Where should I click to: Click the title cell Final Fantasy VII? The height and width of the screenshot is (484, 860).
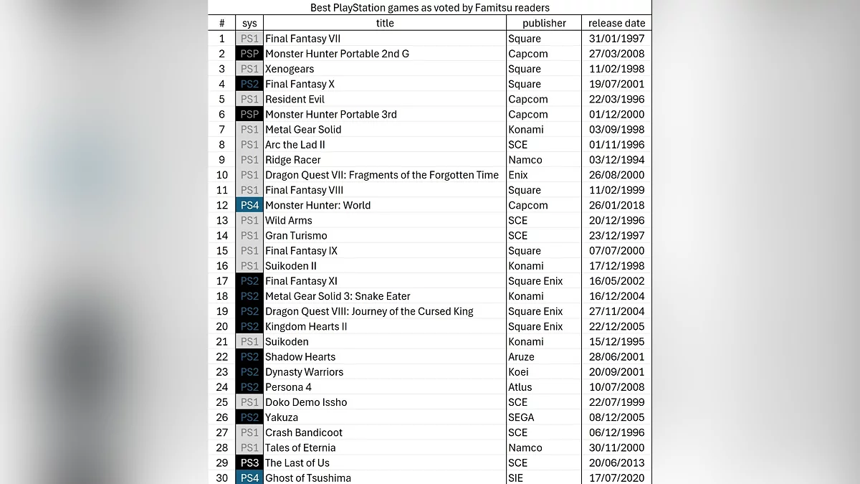[304, 39]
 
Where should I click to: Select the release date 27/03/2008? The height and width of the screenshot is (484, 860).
[616, 54]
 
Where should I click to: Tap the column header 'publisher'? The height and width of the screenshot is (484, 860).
[544, 23]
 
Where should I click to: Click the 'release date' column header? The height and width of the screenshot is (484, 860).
[616, 23]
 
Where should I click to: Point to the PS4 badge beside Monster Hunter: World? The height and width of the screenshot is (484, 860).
[249, 206]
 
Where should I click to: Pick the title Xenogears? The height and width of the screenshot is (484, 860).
[290, 69]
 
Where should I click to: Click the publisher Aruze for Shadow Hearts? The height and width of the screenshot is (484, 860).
[521, 357]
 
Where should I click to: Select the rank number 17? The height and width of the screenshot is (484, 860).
[222, 281]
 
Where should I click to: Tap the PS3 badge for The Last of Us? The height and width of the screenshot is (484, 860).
[249, 463]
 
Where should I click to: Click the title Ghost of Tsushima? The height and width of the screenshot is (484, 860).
[308, 478]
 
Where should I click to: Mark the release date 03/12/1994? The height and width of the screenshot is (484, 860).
[616, 160]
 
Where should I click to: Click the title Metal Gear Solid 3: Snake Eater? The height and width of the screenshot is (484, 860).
[338, 296]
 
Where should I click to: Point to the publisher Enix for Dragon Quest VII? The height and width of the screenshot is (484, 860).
[517, 175]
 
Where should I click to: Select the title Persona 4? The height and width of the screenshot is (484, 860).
[288, 387]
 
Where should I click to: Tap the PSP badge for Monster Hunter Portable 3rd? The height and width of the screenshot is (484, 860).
[249, 115]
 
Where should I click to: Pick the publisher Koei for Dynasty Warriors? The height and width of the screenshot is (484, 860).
[518, 372]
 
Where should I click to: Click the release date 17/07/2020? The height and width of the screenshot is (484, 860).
[616, 478]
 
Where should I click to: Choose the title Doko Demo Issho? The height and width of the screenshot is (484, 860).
[306, 402]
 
